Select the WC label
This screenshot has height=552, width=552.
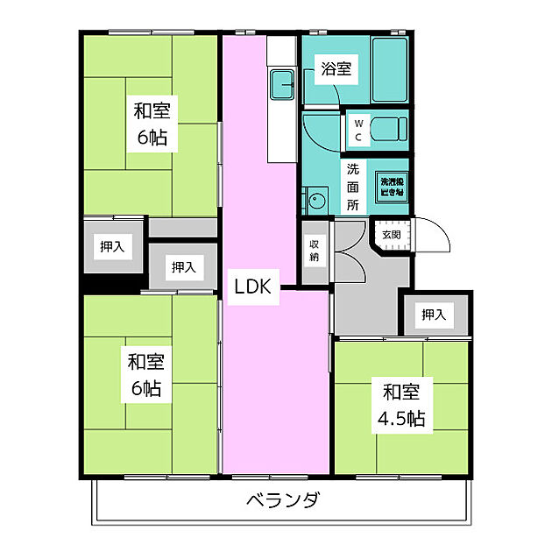pyautogui.click(x=358, y=131)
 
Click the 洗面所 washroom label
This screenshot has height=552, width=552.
pyautogui.click(x=352, y=187)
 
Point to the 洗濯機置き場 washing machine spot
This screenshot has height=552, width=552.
pyautogui.click(x=392, y=186)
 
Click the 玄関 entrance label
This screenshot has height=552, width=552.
pyautogui.click(x=391, y=234)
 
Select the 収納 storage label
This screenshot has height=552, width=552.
pyautogui.click(x=315, y=251)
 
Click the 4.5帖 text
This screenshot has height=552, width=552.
pyautogui.click(x=400, y=419)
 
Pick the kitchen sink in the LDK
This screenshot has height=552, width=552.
pyautogui.click(x=282, y=85)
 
